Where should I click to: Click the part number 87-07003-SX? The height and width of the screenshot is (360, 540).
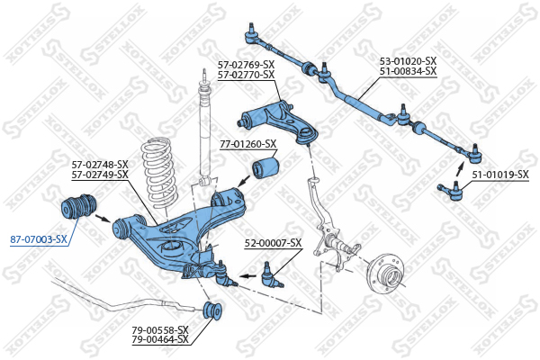tap(39, 238)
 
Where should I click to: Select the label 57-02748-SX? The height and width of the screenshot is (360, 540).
tap(100, 164)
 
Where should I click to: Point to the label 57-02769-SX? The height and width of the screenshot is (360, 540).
tap(246, 65)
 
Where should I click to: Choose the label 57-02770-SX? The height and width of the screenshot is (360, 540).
tap(246, 74)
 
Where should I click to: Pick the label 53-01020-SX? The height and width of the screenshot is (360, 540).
tap(407, 61)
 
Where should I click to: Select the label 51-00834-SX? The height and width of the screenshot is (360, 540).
tap(407, 70)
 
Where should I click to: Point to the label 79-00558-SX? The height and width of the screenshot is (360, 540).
tap(159, 330)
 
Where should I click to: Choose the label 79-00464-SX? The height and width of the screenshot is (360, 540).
tap(159, 339)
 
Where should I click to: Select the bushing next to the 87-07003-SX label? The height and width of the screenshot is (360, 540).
tap(77, 205)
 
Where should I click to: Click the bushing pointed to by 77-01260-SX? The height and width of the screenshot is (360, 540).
tap(267, 167)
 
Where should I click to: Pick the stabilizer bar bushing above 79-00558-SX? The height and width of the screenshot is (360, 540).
tap(215, 310)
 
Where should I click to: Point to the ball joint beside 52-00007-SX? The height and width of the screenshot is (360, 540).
tap(267, 273)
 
